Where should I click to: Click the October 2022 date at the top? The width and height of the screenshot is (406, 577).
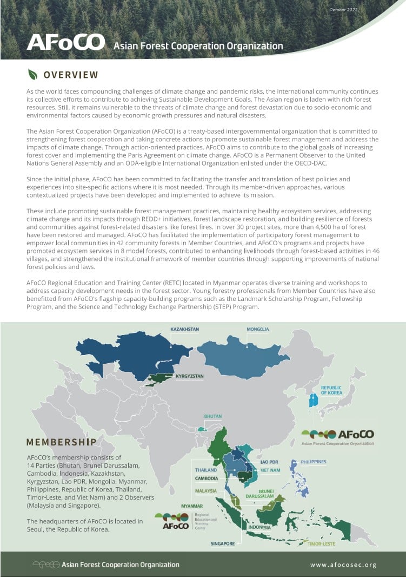point(343,10)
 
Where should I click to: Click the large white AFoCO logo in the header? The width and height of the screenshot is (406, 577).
point(65,43)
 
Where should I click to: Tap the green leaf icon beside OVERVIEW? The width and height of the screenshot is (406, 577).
point(33,75)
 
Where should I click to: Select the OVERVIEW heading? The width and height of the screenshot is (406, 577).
point(71,75)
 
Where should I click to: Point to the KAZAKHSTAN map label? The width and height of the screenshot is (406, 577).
point(185,329)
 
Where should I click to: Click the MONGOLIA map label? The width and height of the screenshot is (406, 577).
point(258,329)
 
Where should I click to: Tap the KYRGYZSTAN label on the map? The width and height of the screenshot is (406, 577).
point(189,376)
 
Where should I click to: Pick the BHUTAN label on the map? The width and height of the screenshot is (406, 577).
point(212,416)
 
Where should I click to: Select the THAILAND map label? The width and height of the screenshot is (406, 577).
point(206,470)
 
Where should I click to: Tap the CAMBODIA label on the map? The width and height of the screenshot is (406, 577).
point(206,478)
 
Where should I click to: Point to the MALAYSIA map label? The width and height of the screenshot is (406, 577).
point(206,490)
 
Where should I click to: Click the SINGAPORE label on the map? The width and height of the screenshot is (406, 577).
point(223,543)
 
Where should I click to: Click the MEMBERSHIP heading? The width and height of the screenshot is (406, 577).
point(61,442)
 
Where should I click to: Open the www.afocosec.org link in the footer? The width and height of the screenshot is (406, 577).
point(343,565)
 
